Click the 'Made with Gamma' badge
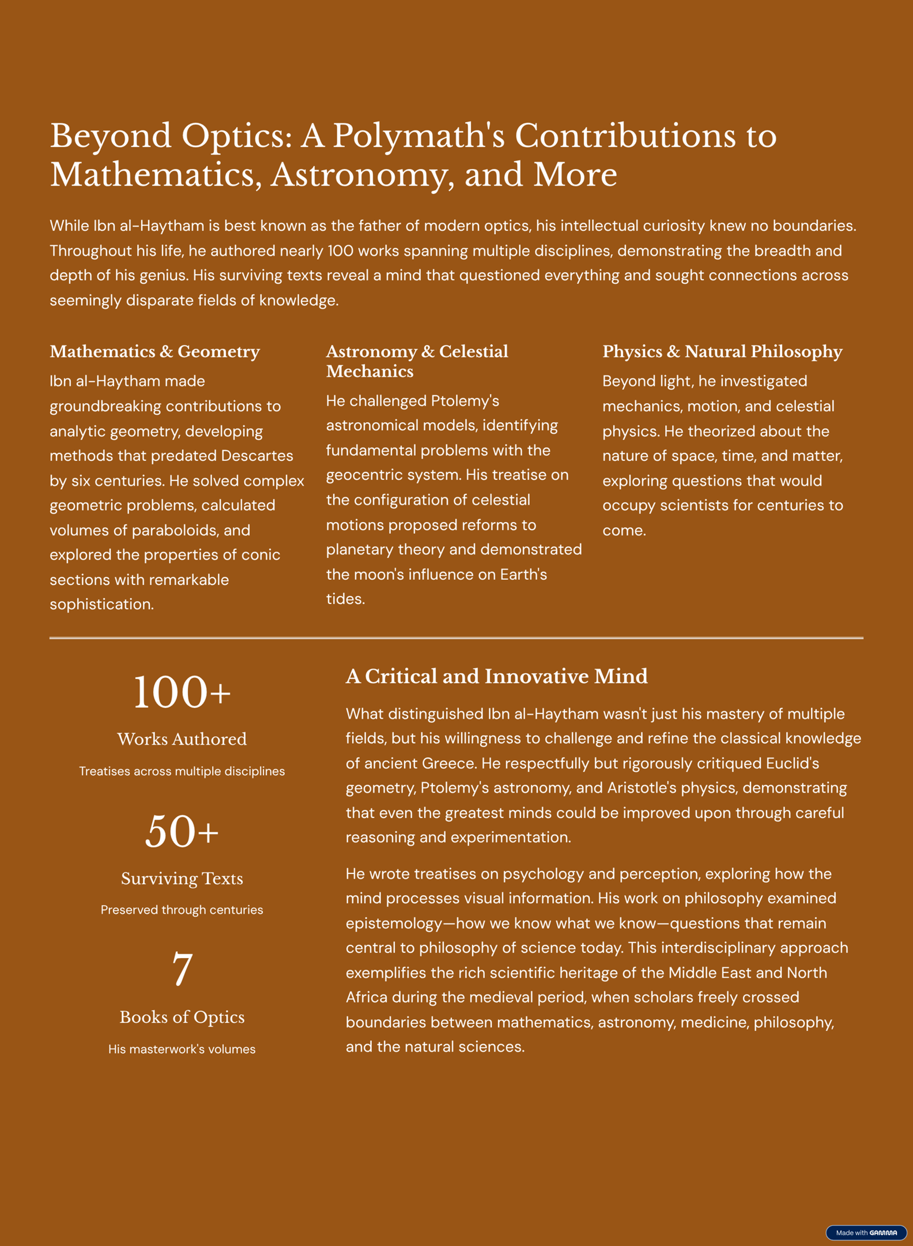pos(865,1232)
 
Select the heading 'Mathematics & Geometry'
pos(155,351)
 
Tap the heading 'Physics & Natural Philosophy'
pos(722,351)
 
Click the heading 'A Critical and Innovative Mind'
pos(496,676)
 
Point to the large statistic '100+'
pos(182,692)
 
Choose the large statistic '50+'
pos(182,831)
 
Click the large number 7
pos(182,969)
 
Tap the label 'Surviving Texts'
pos(182,878)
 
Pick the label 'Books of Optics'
pos(182,1017)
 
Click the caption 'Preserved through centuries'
pos(182,910)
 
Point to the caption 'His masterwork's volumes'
pos(182,1049)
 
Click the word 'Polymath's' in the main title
pos(418,136)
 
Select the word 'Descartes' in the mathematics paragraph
pos(257,455)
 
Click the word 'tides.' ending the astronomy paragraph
pos(345,599)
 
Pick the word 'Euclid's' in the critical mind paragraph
pos(792,763)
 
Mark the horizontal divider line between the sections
pos(456,638)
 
